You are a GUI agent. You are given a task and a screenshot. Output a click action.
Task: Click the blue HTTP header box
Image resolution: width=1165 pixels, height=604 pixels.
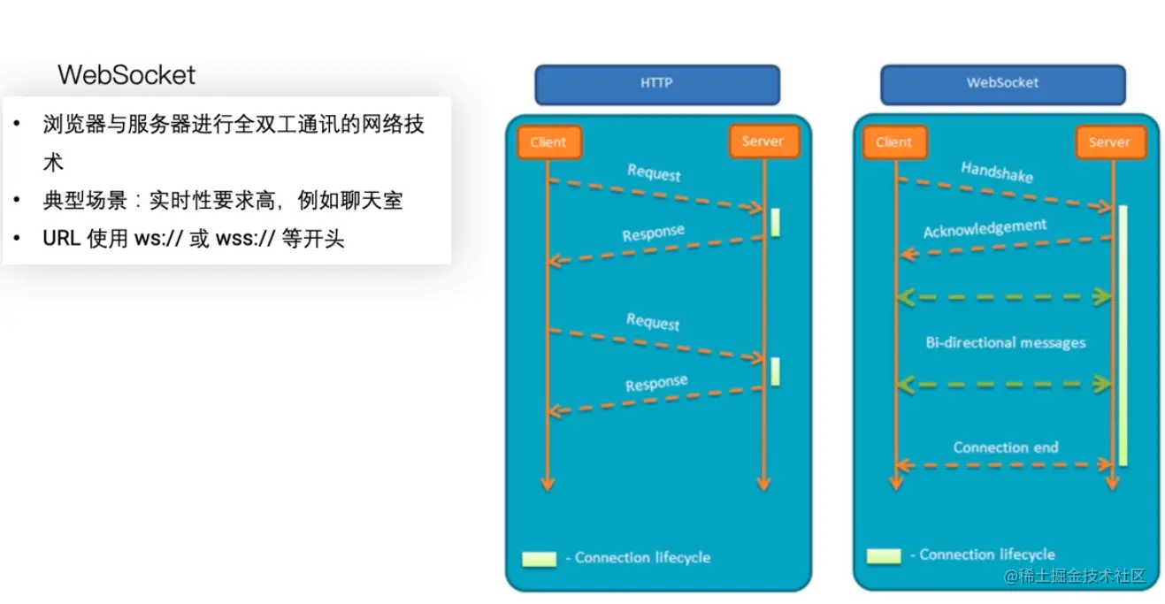(x=656, y=85)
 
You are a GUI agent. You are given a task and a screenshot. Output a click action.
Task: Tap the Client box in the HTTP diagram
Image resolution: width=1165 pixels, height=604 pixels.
(x=548, y=142)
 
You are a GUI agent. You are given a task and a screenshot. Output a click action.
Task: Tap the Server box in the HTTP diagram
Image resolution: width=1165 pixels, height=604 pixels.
(x=762, y=141)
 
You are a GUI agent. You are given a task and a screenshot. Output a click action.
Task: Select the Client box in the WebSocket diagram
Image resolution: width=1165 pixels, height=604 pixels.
(x=893, y=142)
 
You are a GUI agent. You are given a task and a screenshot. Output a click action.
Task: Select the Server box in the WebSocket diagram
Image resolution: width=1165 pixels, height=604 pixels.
(x=1108, y=142)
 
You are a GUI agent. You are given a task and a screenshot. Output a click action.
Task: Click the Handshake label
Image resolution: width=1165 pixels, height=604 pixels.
(x=997, y=172)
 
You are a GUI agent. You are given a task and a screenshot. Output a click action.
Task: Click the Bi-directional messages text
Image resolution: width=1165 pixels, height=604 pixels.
(x=1005, y=342)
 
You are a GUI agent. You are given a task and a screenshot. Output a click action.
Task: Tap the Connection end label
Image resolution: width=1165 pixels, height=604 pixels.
(x=1005, y=447)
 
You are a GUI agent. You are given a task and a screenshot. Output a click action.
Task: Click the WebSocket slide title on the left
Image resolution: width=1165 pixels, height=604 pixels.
(x=126, y=75)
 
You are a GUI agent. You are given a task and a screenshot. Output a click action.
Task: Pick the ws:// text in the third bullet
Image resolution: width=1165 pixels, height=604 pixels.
(x=157, y=240)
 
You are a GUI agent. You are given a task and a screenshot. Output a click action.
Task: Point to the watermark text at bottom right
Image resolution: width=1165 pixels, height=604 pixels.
(x=1075, y=577)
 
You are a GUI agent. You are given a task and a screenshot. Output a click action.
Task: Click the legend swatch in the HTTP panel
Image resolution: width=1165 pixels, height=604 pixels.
(x=539, y=559)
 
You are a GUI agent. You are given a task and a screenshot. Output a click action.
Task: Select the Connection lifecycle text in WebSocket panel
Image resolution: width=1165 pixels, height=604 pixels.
(x=987, y=554)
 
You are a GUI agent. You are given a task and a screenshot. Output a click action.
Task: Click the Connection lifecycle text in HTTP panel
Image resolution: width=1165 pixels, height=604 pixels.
(x=642, y=557)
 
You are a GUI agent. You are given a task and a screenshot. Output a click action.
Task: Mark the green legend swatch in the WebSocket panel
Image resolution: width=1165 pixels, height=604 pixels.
(x=884, y=556)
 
